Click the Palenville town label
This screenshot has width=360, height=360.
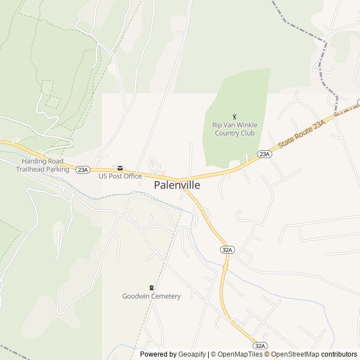[177, 184]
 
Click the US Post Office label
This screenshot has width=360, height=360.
[120, 176]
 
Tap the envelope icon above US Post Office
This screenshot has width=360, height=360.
[120, 168]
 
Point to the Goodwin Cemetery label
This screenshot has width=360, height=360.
[151, 296]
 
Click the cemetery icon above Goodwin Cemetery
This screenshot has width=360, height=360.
[151, 287]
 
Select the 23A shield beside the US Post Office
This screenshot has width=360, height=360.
[82, 169]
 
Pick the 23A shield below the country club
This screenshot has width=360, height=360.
[263, 154]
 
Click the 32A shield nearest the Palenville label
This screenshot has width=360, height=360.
[227, 249]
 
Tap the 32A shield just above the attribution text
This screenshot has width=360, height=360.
[259, 345]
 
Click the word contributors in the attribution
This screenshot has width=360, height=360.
[339, 354]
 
